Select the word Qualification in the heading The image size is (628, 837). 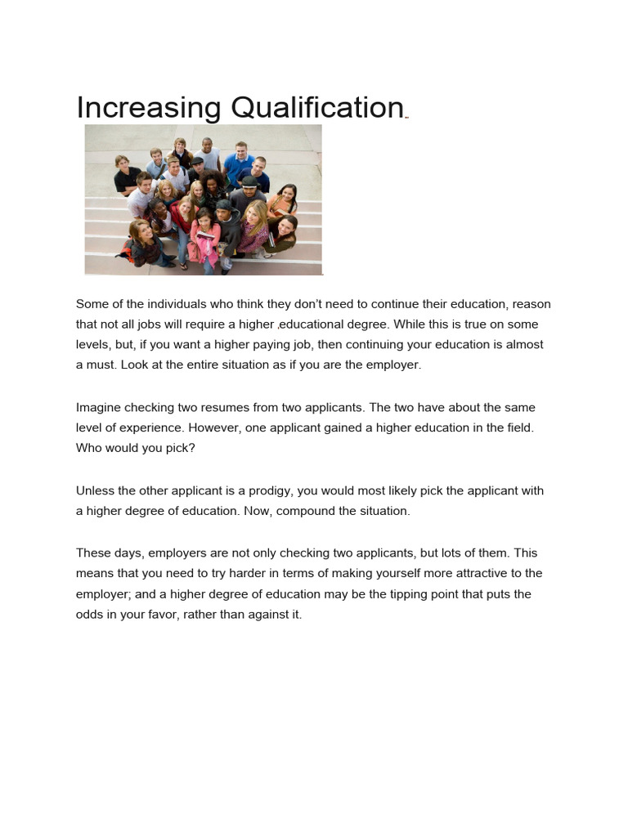pyautogui.click(x=317, y=109)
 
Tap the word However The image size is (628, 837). pyautogui.click(x=216, y=427)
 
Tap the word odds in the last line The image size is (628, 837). pyautogui.click(x=89, y=615)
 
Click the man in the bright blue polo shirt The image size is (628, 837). pyautogui.click(x=240, y=163)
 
